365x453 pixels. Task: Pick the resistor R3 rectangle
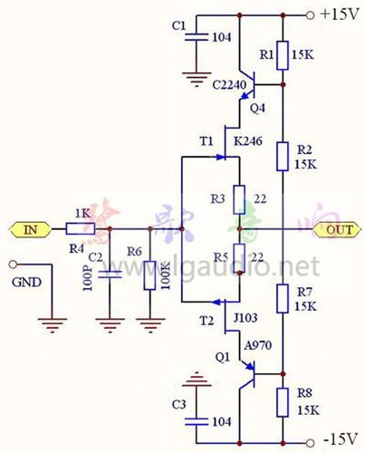238,198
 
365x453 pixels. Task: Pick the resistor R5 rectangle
238,256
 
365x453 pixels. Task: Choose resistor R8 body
283,400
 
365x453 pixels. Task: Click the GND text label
25,282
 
